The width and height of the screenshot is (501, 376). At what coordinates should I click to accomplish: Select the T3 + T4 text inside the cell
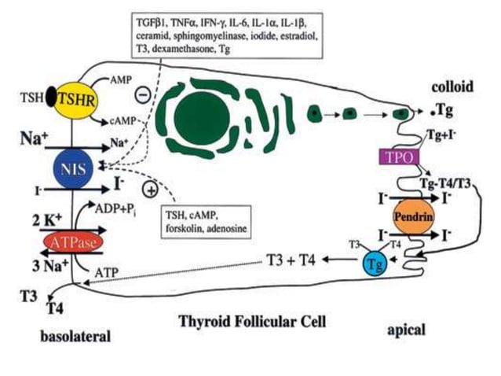tap(291, 260)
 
